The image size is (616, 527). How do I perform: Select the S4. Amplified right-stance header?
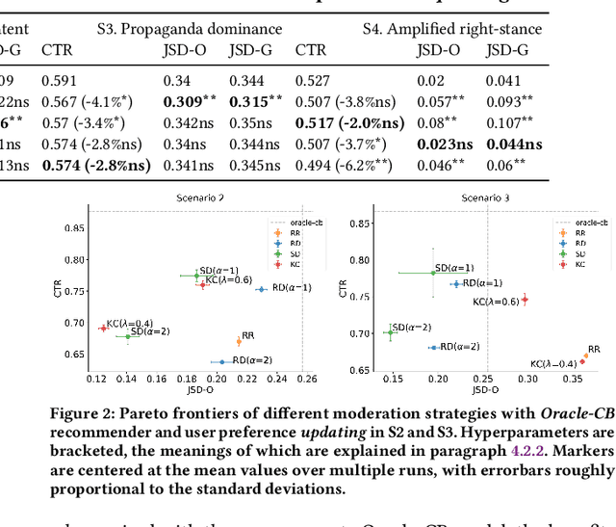tap(464, 29)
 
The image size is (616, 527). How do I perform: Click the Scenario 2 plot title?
tap(200, 198)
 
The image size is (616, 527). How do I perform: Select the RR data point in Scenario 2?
tap(239, 341)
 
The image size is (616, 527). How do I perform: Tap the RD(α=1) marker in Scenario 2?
tap(260, 289)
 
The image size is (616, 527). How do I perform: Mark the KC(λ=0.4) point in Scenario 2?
tap(103, 329)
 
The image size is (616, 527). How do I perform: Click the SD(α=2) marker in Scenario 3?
tap(390, 332)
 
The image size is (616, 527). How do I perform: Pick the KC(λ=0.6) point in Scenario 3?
tap(525, 300)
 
